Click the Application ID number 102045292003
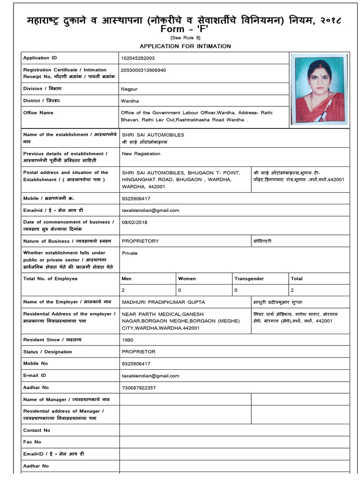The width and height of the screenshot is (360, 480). (137, 58)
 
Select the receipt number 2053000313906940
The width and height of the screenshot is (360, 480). (143, 70)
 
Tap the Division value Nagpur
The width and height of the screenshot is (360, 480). (129, 89)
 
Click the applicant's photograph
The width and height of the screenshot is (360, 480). (319, 89)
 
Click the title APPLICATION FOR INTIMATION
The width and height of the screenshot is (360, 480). (185, 46)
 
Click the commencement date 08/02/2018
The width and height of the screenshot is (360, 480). (135, 222)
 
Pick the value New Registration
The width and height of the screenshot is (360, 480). (141, 154)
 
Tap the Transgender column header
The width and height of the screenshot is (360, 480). (249, 278)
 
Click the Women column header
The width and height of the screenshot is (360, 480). (187, 278)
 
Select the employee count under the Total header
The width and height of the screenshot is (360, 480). (292, 291)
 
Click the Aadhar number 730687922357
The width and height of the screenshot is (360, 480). (139, 388)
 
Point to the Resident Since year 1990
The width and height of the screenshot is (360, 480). (127, 340)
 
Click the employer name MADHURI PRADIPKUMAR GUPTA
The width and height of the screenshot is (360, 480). (163, 302)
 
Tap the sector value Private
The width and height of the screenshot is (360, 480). (129, 253)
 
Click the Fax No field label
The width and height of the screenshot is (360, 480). (32, 442)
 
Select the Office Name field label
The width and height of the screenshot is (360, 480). (38, 113)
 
